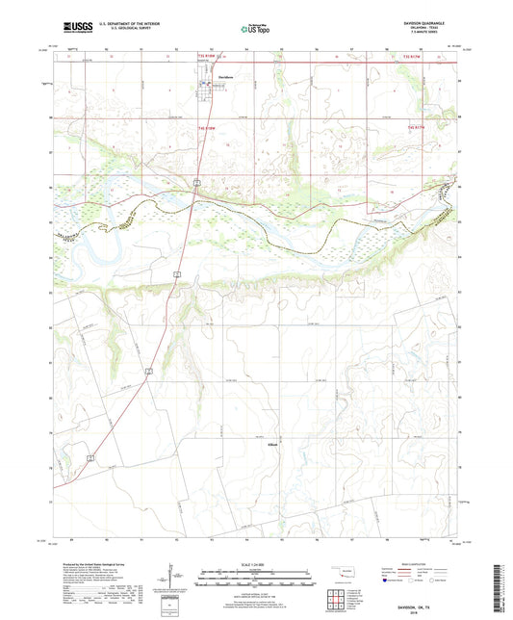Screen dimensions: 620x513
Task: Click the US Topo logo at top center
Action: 255,29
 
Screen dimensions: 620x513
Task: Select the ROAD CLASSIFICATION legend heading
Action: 421,564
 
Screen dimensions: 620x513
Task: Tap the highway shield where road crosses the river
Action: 195,181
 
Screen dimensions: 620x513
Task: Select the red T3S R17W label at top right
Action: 412,59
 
